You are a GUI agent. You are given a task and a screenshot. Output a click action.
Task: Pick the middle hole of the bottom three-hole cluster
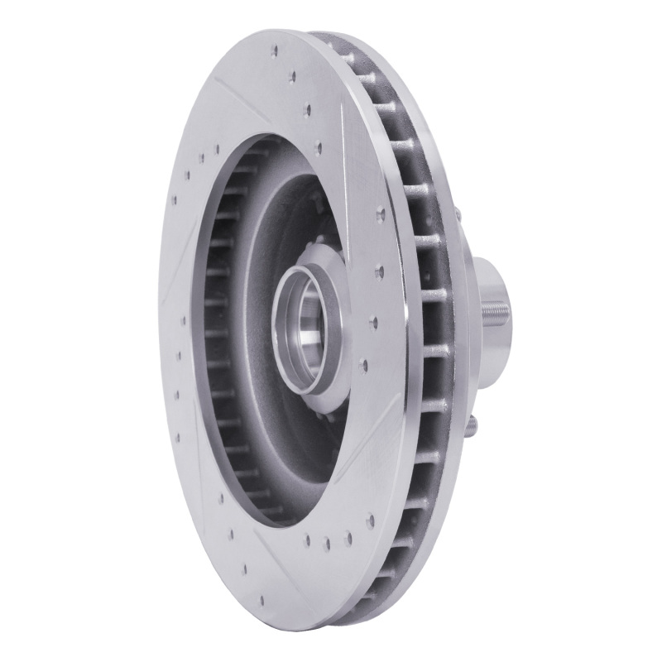click(329, 544)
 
